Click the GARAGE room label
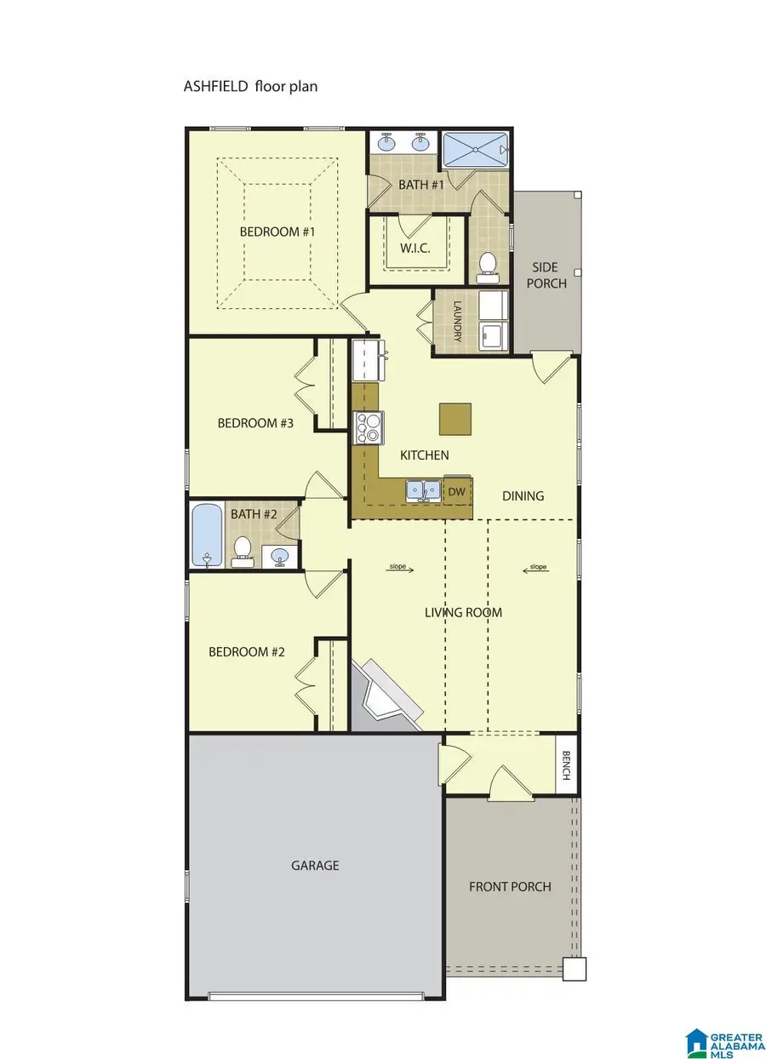[x=315, y=866]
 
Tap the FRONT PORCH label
[x=510, y=887]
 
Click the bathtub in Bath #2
[x=207, y=535]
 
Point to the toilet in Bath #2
[x=243, y=551]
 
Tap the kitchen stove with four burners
[x=369, y=427]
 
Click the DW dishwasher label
[x=457, y=491]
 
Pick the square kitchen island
[x=455, y=418]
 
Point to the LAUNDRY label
[x=457, y=321]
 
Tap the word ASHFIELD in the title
[x=214, y=86]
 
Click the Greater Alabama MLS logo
[x=722, y=1037]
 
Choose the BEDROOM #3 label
[x=255, y=423]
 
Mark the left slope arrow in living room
[x=400, y=567]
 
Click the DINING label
[x=523, y=495]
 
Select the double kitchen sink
[x=422, y=490]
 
